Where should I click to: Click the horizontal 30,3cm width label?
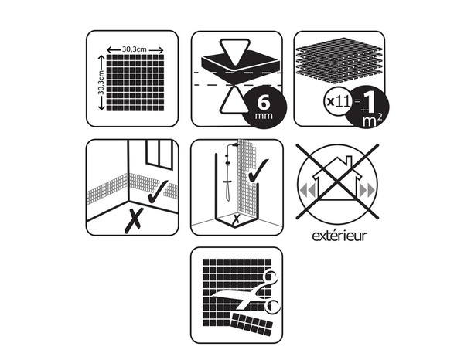pyautogui.click(x=134, y=49)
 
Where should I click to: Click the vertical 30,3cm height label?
pyautogui.click(x=101, y=83)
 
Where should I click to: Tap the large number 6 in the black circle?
pyautogui.click(x=264, y=103)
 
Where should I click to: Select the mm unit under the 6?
pyautogui.click(x=264, y=115)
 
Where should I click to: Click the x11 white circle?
pyautogui.click(x=338, y=102)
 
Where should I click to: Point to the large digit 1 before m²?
pyautogui.click(x=370, y=103)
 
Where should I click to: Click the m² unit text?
pyautogui.click(x=372, y=121)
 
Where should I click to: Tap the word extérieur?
pyautogui.click(x=339, y=236)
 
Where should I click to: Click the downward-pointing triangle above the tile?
pyautogui.click(x=235, y=52)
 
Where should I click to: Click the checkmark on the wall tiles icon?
pyautogui.click(x=158, y=192)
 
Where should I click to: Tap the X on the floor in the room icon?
pyautogui.click(x=134, y=220)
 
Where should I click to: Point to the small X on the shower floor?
pyautogui.click(x=237, y=219)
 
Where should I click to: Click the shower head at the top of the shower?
pyautogui.click(x=235, y=144)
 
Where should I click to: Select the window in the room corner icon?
pyautogui.click(x=159, y=155)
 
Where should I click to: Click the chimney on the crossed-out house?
pyautogui.click(x=350, y=161)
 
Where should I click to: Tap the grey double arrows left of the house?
pyautogui.click(x=307, y=190)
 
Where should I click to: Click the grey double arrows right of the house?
pyautogui.click(x=367, y=190)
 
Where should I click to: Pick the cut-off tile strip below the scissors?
pyautogui.click(x=251, y=324)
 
